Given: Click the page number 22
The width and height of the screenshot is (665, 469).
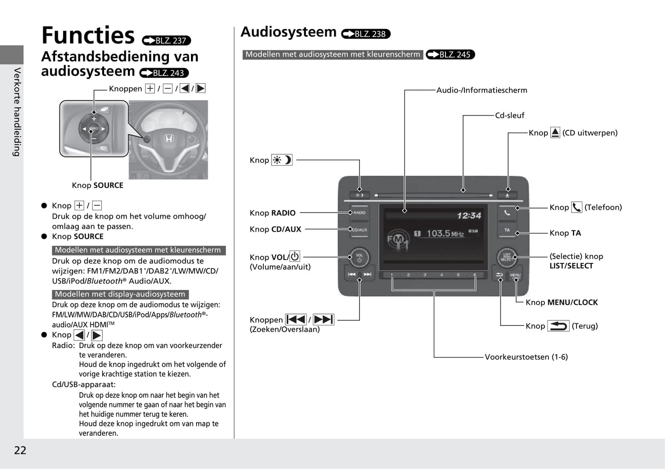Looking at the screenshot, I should point(20,450).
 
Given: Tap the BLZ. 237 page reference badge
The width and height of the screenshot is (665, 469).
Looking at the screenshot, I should point(166,41).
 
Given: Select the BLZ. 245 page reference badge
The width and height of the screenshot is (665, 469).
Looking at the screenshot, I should point(450,54).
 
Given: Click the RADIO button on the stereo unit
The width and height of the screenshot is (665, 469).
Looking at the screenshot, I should point(359,213).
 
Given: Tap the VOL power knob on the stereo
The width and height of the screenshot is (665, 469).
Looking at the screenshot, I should point(359,257).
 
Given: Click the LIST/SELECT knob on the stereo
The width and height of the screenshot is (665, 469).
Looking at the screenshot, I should point(507,257).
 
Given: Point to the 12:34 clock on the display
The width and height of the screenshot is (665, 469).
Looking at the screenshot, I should point(468,215).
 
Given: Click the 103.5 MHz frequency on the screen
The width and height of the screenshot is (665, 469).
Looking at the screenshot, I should point(445,233).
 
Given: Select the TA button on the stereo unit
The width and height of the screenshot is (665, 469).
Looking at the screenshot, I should point(507,230).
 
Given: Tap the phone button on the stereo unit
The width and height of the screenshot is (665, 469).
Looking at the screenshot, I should point(507,213).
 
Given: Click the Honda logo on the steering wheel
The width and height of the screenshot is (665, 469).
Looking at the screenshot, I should point(168,138).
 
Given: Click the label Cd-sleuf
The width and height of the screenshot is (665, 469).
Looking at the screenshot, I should point(509,116).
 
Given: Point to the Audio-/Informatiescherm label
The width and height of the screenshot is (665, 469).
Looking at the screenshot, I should point(481,90).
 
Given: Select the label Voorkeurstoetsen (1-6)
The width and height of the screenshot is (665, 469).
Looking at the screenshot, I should point(526,357).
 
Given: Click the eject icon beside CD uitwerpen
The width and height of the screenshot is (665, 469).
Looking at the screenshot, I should point(555,133).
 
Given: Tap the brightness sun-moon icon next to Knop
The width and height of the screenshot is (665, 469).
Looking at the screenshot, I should point(282,160).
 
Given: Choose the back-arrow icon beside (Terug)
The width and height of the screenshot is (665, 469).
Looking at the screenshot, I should point(558,326).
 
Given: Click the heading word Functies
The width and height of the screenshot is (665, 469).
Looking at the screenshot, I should point(88,35).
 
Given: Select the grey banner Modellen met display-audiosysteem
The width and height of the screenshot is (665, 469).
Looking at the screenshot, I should point(120,294).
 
